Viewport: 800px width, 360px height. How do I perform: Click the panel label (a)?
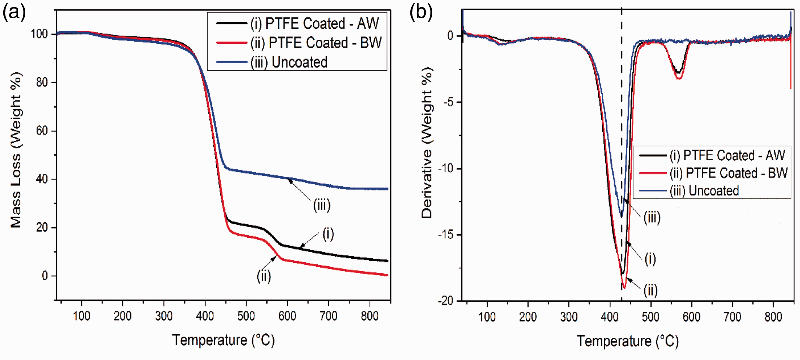tap(14, 13)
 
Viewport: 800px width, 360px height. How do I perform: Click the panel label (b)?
tap(421, 13)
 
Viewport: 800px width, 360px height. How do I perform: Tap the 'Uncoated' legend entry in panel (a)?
tap(272, 62)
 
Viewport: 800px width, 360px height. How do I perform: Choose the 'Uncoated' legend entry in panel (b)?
tap(689, 191)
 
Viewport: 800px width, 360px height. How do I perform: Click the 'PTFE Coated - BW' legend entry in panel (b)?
tap(713, 173)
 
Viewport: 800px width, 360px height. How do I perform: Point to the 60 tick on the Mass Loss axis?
tap(41, 131)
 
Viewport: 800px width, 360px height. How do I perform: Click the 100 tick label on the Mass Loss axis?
tap(39, 34)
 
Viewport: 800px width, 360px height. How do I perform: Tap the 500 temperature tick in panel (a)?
tap(246, 316)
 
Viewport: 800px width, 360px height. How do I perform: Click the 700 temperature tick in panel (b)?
tap(732, 317)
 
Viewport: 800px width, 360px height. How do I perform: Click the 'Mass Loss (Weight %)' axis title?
tap(16, 150)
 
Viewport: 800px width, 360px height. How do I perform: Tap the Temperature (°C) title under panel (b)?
tap(628, 341)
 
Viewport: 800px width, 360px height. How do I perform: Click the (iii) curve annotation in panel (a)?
tap(322, 205)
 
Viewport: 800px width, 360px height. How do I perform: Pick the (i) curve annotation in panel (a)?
tap(328, 234)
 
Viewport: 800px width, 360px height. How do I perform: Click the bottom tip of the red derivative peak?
tap(624, 289)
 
